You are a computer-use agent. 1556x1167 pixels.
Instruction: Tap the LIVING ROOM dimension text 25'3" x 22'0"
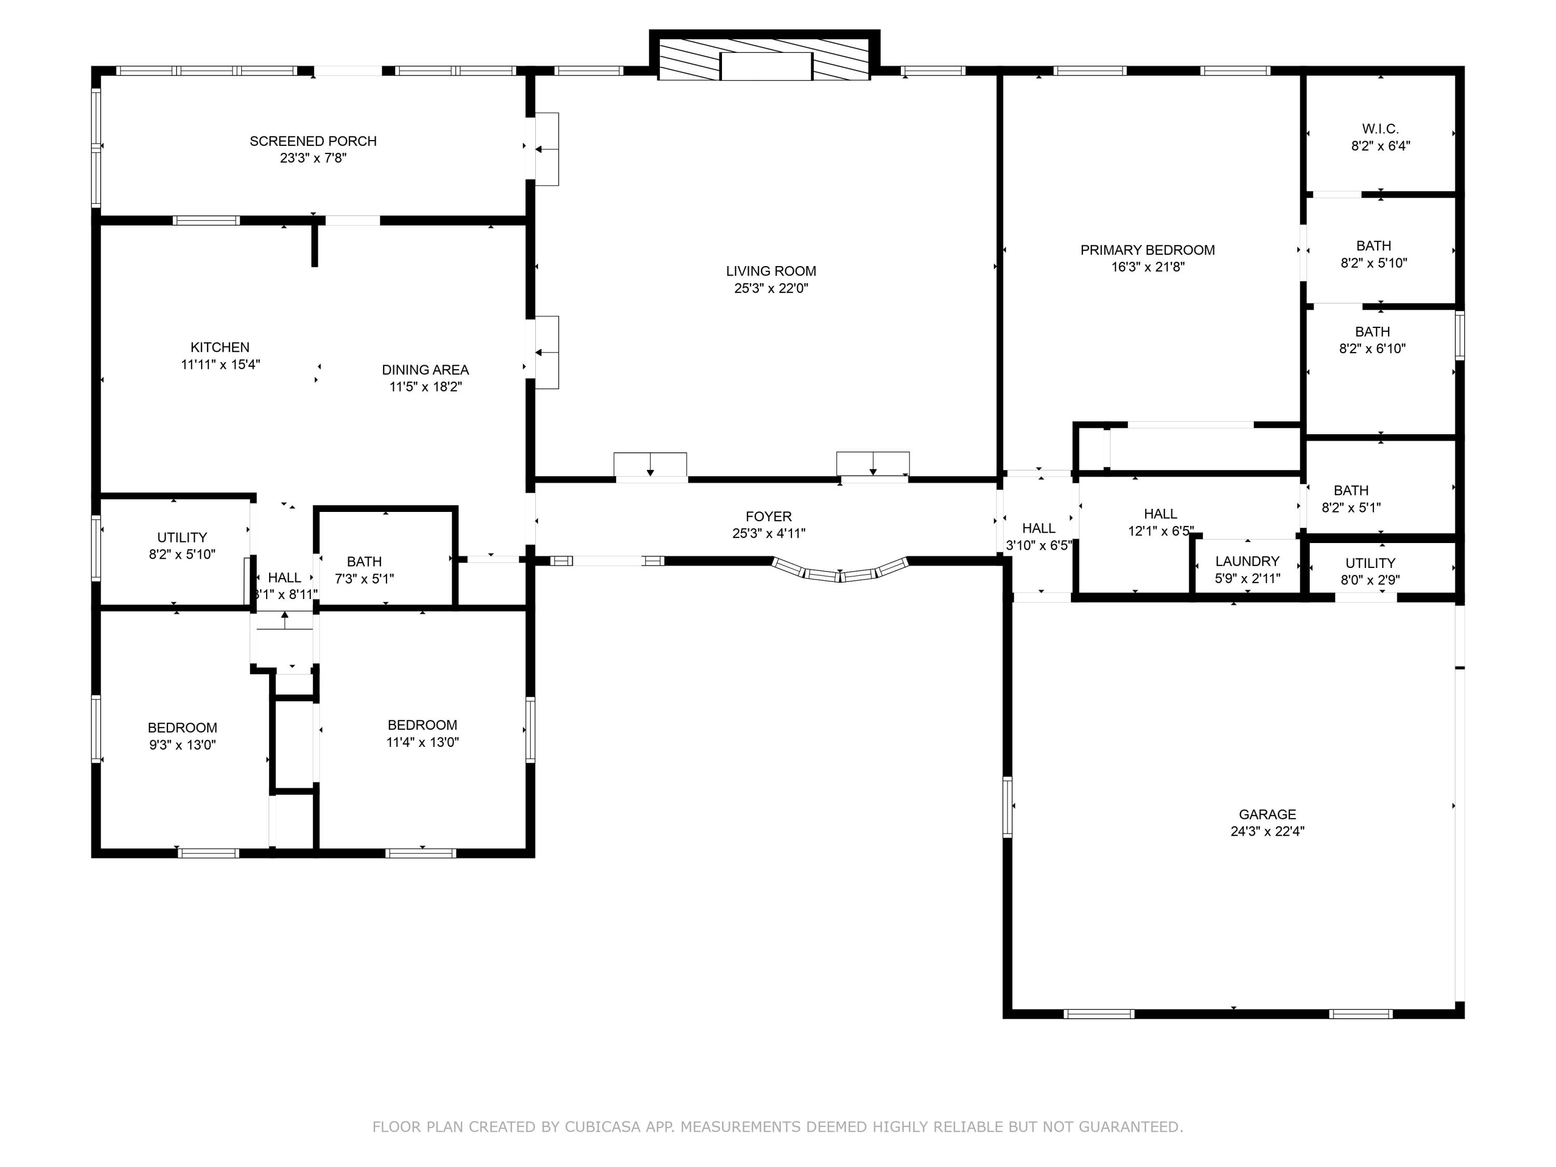[x=771, y=288]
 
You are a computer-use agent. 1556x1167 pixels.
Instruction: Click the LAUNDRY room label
[x=1247, y=561]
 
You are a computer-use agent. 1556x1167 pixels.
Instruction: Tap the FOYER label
[x=769, y=516]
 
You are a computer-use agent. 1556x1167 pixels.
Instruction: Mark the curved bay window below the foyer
[x=840, y=571]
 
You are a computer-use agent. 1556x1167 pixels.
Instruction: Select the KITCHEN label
[x=220, y=348]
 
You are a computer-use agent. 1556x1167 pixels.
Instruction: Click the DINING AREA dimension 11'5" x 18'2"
[x=426, y=387]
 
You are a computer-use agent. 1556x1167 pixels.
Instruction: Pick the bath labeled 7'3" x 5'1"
[x=365, y=571]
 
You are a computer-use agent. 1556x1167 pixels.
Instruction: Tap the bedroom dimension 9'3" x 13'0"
[x=182, y=745]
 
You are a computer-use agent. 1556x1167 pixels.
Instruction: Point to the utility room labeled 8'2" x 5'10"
[x=182, y=546]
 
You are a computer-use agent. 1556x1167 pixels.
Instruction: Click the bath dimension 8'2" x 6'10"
[x=1372, y=348]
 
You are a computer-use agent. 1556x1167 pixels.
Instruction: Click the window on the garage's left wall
[x=1007, y=807]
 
